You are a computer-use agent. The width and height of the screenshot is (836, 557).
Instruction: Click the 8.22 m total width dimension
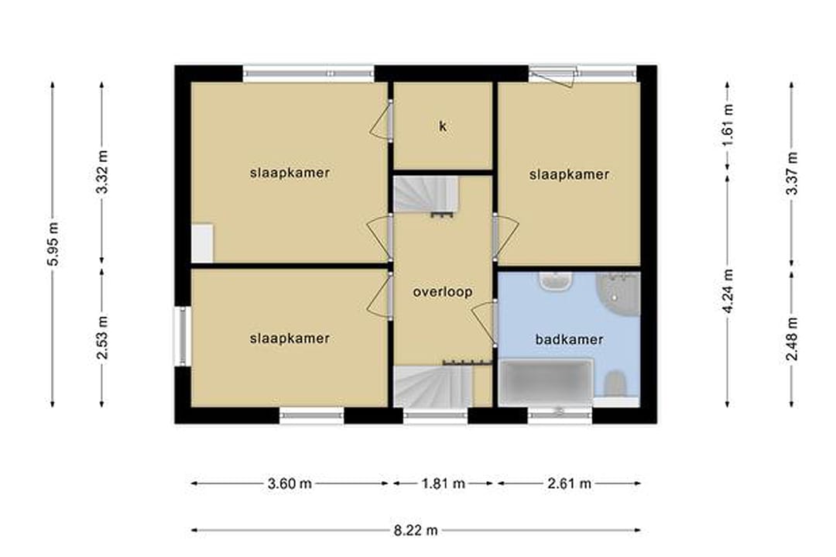tap(416, 531)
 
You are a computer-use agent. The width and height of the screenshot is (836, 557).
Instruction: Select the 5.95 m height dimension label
tap(53, 244)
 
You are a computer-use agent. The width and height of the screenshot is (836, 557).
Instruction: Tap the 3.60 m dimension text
tap(290, 483)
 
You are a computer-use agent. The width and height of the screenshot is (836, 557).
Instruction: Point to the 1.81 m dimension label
tap(443, 483)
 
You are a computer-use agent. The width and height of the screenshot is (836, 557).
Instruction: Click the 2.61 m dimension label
tap(569, 483)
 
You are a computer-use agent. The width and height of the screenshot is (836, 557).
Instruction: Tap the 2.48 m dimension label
tap(791, 339)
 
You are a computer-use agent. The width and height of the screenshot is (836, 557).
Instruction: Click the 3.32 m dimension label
tap(102, 171)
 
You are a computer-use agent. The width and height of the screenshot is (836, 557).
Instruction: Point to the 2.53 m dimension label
tap(102, 338)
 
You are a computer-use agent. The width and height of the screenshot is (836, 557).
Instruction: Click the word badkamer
tap(569, 339)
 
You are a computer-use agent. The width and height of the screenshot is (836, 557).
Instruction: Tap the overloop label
tap(442, 292)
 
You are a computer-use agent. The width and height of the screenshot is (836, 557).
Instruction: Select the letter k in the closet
tap(443, 126)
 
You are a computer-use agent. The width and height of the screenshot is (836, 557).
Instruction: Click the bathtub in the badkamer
tap(546, 382)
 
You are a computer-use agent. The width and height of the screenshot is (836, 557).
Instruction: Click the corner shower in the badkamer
tap(619, 293)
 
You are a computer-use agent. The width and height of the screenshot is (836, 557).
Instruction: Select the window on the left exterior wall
tap(181, 336)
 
